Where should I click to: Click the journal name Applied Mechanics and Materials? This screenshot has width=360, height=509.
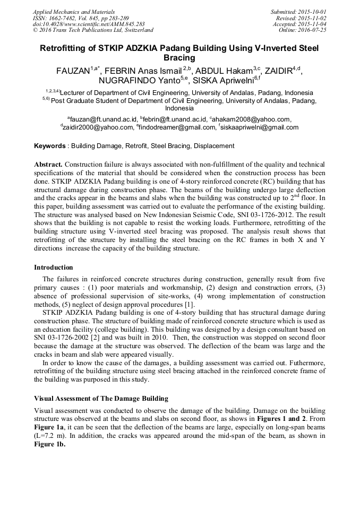pyautogui.click(x=74, y=11)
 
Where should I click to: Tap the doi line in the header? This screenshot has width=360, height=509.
pyautogui.click(x=89, y=24)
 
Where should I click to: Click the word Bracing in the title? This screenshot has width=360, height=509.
pyautogui.click(x=179, y=57)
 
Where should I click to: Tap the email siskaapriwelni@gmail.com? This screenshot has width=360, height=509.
pyautogui.click(x=260, y=127)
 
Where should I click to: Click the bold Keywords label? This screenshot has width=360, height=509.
pyautogui.click(x=50, y=146)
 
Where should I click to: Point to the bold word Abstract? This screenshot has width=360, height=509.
pyautogui.click(x=48, y=165)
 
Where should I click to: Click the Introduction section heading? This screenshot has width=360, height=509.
pyautogui.click(x=54, y=268)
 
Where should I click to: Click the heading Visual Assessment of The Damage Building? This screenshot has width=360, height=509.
pyautogui.click(x=101, y=399)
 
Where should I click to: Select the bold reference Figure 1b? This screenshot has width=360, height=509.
pyautogui.click(x=49, y=444)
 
